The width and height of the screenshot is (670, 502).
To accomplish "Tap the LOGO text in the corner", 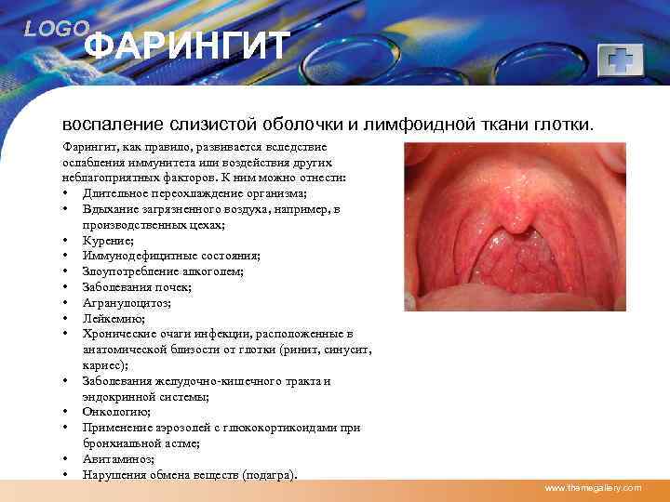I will pos(57,29).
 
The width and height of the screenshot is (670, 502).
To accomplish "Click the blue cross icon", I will pos(618,60).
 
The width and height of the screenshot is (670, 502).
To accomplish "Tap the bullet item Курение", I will pos(106,240).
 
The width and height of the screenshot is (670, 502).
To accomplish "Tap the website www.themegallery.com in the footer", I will pos(593,488).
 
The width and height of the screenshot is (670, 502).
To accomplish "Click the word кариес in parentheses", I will pos(100,365).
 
